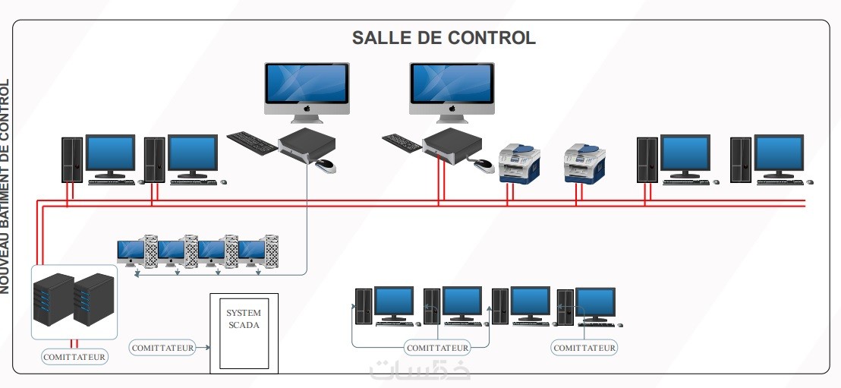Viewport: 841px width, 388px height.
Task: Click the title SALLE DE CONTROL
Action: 443,38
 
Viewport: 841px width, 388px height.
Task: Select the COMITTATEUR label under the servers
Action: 74,355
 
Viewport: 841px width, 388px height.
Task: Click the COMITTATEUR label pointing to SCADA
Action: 163,348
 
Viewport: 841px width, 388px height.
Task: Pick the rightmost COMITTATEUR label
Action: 584,348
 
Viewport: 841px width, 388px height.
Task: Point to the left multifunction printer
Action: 519,165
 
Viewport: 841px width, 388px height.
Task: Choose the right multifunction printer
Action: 584,165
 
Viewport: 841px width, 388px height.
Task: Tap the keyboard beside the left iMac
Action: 252,142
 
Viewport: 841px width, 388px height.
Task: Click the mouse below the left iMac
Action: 325,165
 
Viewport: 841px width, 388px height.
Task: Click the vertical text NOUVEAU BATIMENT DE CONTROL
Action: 5,186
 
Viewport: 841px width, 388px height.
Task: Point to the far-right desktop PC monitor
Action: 778,154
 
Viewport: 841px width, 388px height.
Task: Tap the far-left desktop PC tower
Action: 72,159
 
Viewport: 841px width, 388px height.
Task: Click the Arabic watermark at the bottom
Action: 420,369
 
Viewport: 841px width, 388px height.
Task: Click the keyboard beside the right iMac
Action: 402,141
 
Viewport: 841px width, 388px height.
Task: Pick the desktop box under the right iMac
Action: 452,147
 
